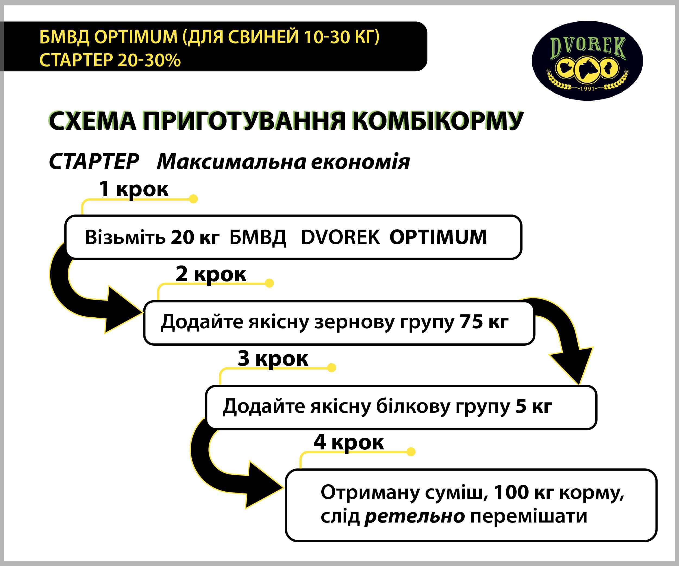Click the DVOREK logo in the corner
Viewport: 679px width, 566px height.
(x=587, y=61)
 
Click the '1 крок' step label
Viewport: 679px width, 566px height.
(x=134, y=189)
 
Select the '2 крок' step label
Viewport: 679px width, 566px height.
(x=210, y=274)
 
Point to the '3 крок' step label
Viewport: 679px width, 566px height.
(x=273, y=358)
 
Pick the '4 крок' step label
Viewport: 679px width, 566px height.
(x=348, y=442)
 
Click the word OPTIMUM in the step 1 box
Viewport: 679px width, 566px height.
(x=438, y=237)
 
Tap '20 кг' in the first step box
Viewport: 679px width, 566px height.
(x=195, y=237)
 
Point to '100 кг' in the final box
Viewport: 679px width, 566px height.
(x=524, y=493)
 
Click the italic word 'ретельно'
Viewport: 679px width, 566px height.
(x=415, y=517)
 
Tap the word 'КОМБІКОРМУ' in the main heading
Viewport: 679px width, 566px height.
(x=438, y=121)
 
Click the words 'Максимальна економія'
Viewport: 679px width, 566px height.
(x=283, y=161)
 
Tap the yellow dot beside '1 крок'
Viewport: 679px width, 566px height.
(x=193, y=199)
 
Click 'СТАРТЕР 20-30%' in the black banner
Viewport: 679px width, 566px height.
(x=110, y=60)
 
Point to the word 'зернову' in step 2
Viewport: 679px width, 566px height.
(x=355, y=322)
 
